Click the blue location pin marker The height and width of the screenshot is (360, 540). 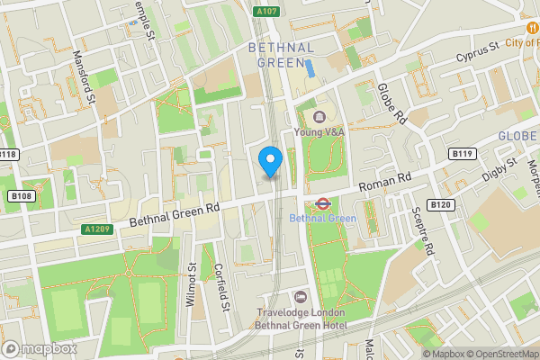(x=271, y=161)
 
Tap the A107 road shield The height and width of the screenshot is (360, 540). (x=265, y=12)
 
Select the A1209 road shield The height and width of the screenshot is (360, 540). (x=97, y=229)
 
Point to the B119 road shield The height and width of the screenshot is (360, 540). (x=463, y=154)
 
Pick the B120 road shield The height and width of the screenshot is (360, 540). (x=439, y=205)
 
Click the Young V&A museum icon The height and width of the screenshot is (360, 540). (x=319, y=116)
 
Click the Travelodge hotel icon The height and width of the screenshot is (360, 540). (x=301, y=297)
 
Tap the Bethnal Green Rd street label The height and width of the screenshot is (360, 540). (x=175, y=214)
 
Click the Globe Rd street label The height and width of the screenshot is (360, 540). (x=393, y=103)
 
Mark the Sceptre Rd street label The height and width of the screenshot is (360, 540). (x=421, y=232)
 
